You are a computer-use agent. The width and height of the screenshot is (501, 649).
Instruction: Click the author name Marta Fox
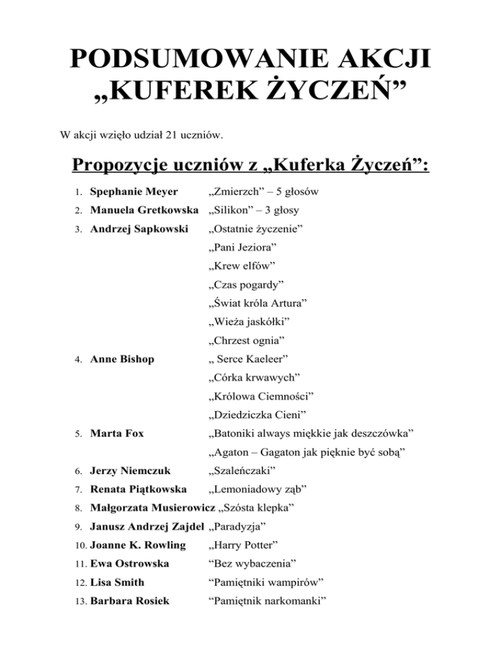pos(117,432)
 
